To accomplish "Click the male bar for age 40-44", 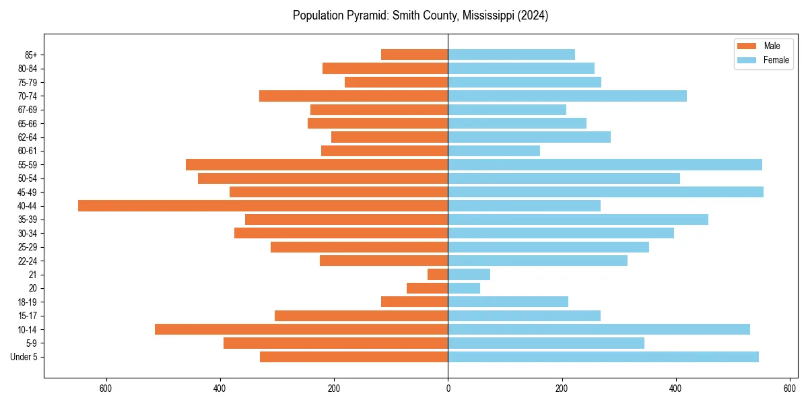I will point(263,206).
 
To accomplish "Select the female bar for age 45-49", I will point(605,192).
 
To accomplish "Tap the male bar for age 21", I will point(438,275).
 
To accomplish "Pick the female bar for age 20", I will point(464,288).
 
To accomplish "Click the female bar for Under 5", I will point(603,357).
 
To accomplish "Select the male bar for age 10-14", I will point(301,329).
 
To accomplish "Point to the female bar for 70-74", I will point(567,96).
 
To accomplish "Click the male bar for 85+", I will point(414,55).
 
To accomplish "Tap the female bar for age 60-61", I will point(494,151).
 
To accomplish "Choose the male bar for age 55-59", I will point(316,165).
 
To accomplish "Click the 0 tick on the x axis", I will point(448,389).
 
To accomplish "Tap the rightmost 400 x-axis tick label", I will point(676,389).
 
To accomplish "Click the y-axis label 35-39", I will point(28,220).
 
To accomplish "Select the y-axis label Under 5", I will point(24,357).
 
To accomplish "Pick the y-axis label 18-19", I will point(28,302).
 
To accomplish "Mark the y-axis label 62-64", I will point(28,137).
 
